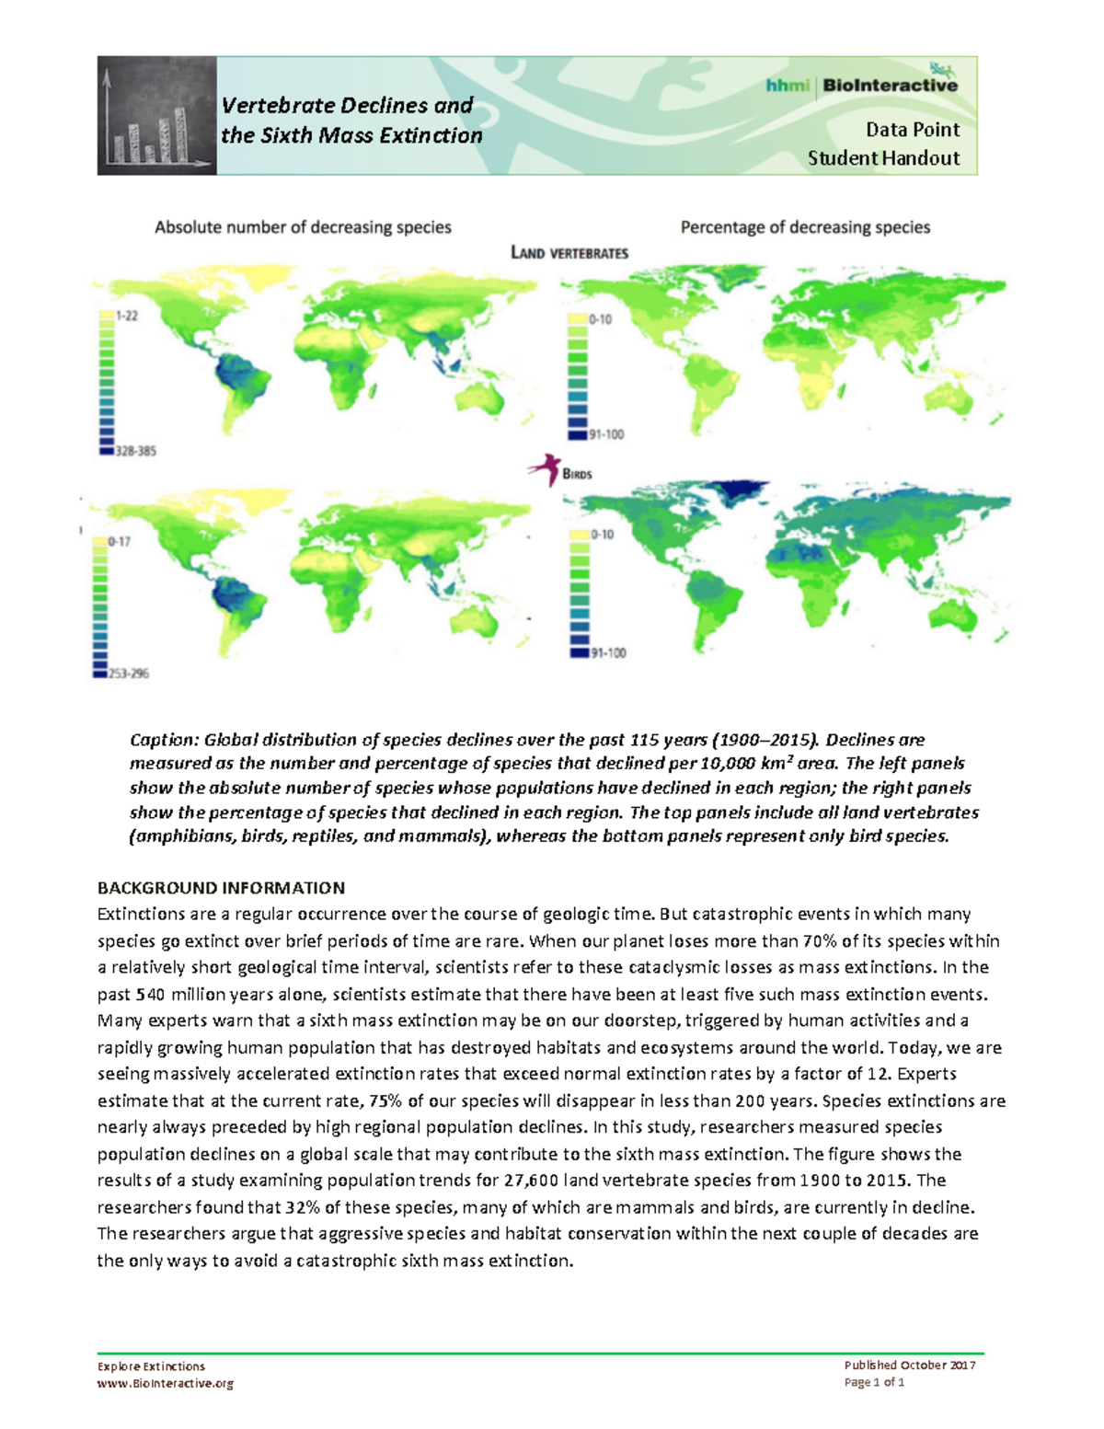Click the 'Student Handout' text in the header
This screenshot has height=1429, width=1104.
tap(883, 158)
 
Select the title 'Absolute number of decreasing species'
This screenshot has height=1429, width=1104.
tap(303, 227)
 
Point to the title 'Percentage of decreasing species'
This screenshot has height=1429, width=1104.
tap(805, 227)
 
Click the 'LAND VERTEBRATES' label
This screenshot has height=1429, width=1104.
tap(569, 253)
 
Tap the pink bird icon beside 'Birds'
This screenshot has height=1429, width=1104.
tap(545, 469)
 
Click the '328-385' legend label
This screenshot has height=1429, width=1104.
tap(135, 452)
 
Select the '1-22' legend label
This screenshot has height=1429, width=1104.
tap(126, 316)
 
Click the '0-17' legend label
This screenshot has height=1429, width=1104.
tap(119, 542)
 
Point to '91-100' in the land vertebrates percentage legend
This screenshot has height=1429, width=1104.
tap(606, 434)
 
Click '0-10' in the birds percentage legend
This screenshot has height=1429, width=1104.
tap(602, 534)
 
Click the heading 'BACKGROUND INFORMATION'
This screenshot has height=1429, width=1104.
tap(221, 888)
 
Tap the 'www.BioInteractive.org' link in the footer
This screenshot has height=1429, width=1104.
tap(166, 1383)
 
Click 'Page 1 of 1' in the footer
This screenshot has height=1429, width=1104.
tap(874, 1382)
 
